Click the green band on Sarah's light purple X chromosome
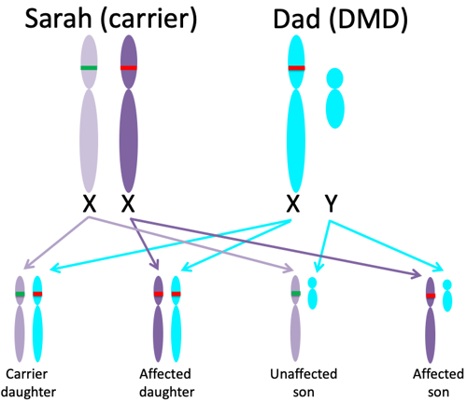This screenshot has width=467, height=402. pyautogui.click(x=89, y=68)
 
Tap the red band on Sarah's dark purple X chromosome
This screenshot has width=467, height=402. pyautogui.click(x=129, y=68)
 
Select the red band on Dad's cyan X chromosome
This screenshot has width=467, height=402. pyautogui.click(x=296, y=68)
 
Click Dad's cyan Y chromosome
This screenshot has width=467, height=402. pyautogui.click(x=335, y=98)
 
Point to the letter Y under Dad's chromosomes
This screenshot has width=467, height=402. pyautogui.click(x=332, y=203)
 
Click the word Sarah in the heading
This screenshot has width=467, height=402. pyautogui.click(x=58, y=19)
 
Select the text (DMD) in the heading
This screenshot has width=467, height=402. pyautogui.click(x=369, y=20)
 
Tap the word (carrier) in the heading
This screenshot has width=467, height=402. pyautogui.click(x=149, y=20)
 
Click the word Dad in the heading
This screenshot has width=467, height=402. pyautogui.click(x=297, y=19)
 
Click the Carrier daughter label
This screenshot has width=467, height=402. pyautogui.click(x=28, y=382)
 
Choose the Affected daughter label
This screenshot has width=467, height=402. pyautogui.click(x=166, y=382)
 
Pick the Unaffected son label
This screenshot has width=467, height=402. pyautogui.click(x=304, y=382)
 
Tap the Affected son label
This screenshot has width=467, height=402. pyautogui.click(x=438, y=382)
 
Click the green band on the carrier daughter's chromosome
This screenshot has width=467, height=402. pyautogui.click(x=20, y=294)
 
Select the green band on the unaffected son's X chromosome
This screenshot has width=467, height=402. pyautogui.click(x=296, y=293)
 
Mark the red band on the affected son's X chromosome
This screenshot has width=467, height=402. pyautogui.click(x=431, y=296)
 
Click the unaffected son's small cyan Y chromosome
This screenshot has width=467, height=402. pyautogui.click(x=312, y=293)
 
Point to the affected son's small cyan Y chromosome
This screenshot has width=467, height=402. pyautogui.click(x=447, y=296)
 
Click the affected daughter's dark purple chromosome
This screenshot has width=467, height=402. pyautogui.click(x=159, y=319)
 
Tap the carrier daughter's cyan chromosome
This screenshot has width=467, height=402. pyautogui.click(x=37, y=319)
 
